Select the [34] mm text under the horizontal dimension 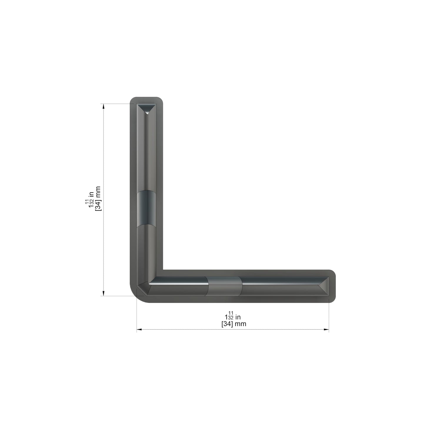click(x=234, y=324)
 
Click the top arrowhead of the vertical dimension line click(x=103, y=106)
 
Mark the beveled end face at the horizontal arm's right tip click(x=324, y=286)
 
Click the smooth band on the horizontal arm click(x=225, y=286)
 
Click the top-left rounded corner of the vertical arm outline click(x=132, y=99)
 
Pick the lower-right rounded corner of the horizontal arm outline click(x=333, y=300)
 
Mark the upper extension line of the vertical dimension click(x=118, y=104)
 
